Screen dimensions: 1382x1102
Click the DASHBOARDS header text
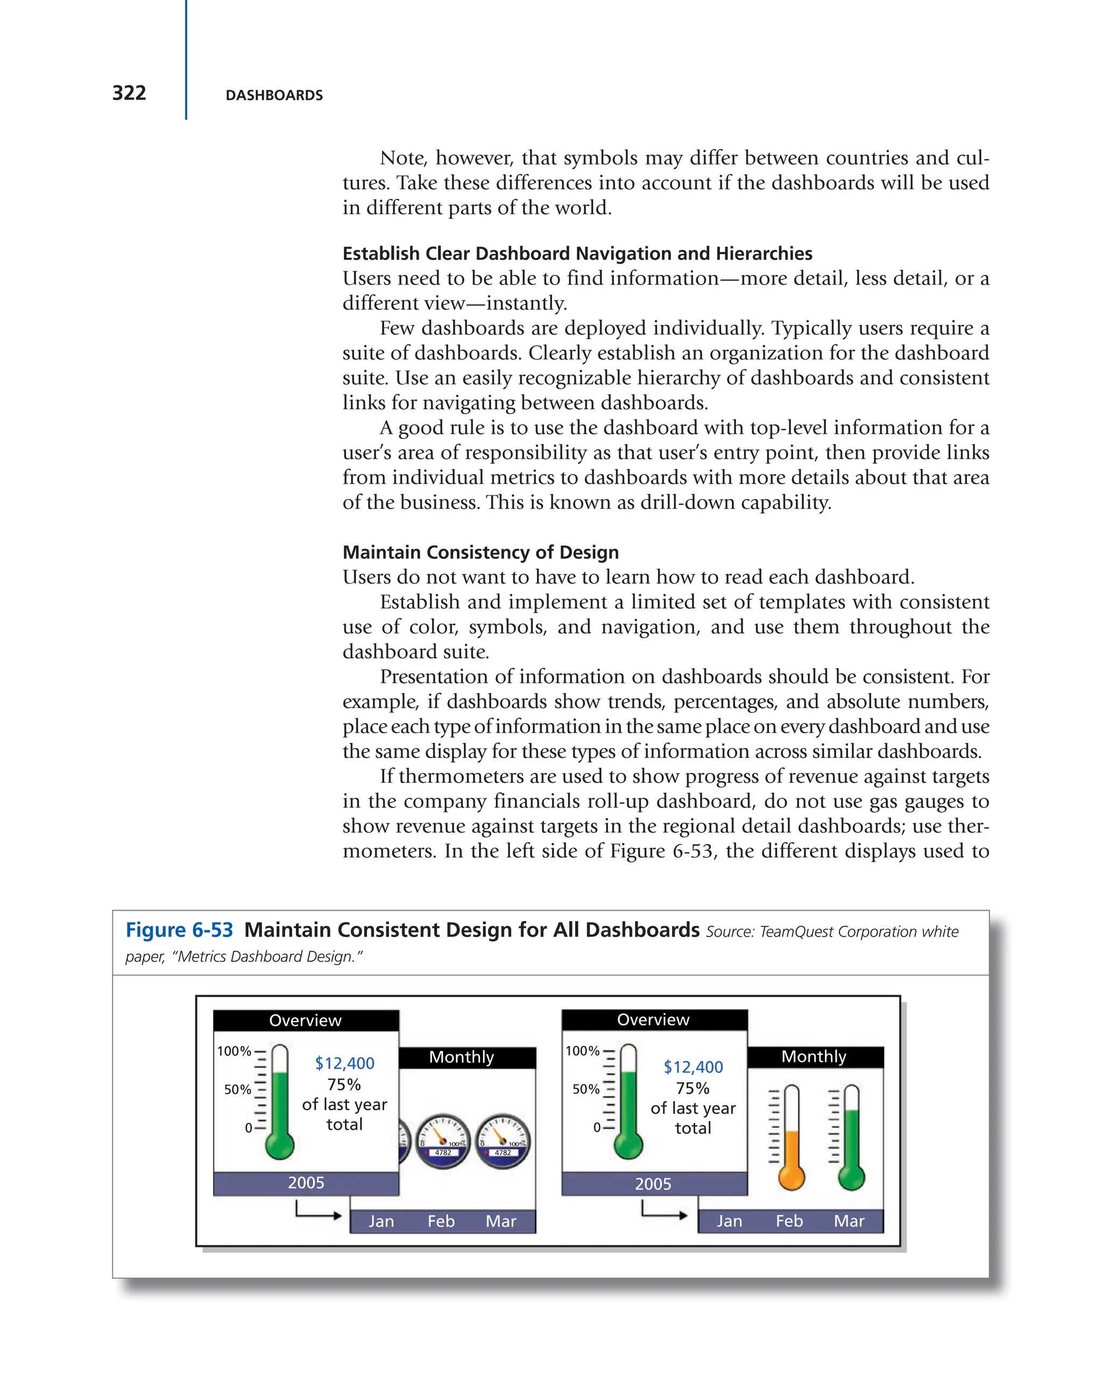pos(274,96)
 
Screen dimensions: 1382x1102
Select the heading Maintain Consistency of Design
pos(480,552)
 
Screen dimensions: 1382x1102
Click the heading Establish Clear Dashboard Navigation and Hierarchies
pos(577,254)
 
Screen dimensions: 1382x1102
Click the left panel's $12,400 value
pos(344,1064)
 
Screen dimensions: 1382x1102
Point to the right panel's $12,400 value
pos(693,1067)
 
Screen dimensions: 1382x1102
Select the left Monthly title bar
pos(467,1057)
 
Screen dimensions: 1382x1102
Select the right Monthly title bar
pos(814,1057)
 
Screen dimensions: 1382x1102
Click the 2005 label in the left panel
pos(306,1182)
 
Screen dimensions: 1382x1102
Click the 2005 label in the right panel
pos(653,1183)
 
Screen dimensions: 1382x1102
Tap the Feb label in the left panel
pos(441,1221)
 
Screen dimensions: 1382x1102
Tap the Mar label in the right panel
pos(848,1221)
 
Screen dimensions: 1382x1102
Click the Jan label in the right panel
pos(729,1221)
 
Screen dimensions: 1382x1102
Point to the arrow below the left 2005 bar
pos(317,1212)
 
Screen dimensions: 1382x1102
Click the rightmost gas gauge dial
pos(503,1141)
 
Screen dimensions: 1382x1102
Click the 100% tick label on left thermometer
pos(234,1051)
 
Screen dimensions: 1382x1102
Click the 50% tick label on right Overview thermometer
pos(585,1089)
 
